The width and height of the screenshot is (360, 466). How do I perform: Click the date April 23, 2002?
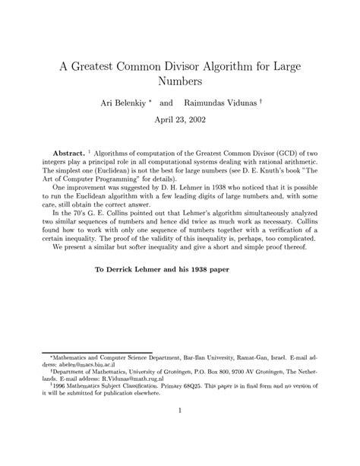coord(180,119)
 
